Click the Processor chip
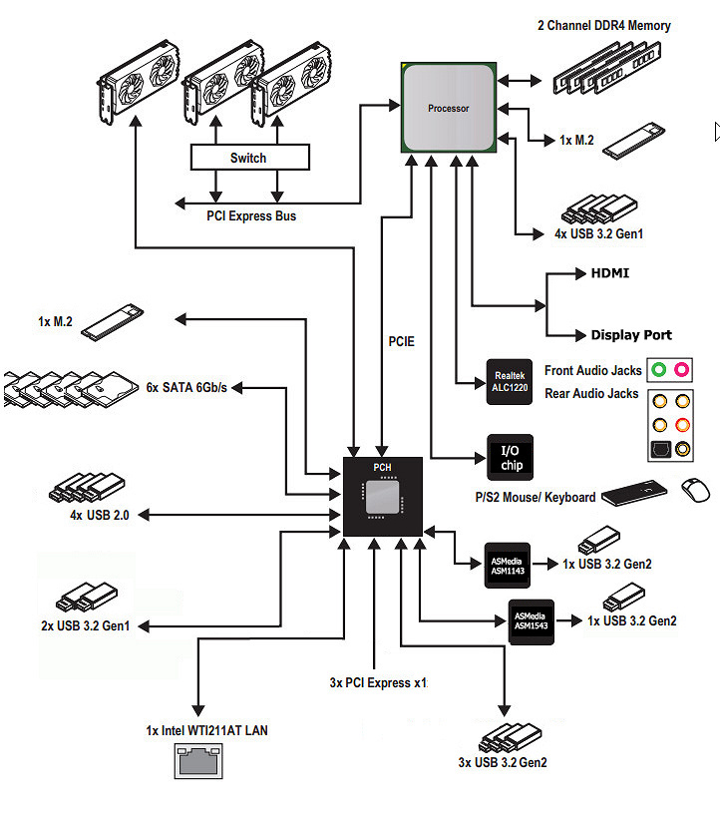449,108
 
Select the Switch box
250,158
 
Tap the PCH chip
383,497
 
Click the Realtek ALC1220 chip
510,382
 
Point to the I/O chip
510,457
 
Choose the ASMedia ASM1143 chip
508,566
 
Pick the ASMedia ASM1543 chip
532,622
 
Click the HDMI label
610,273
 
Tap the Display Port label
631,335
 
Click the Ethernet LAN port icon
198,761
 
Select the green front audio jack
659,370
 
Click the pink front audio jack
682,370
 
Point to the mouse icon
695,490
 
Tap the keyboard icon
634,493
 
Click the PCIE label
402,342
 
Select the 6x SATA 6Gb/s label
186,387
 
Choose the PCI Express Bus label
251,215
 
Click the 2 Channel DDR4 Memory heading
604,25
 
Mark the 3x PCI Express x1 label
378,683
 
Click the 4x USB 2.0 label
100,515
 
